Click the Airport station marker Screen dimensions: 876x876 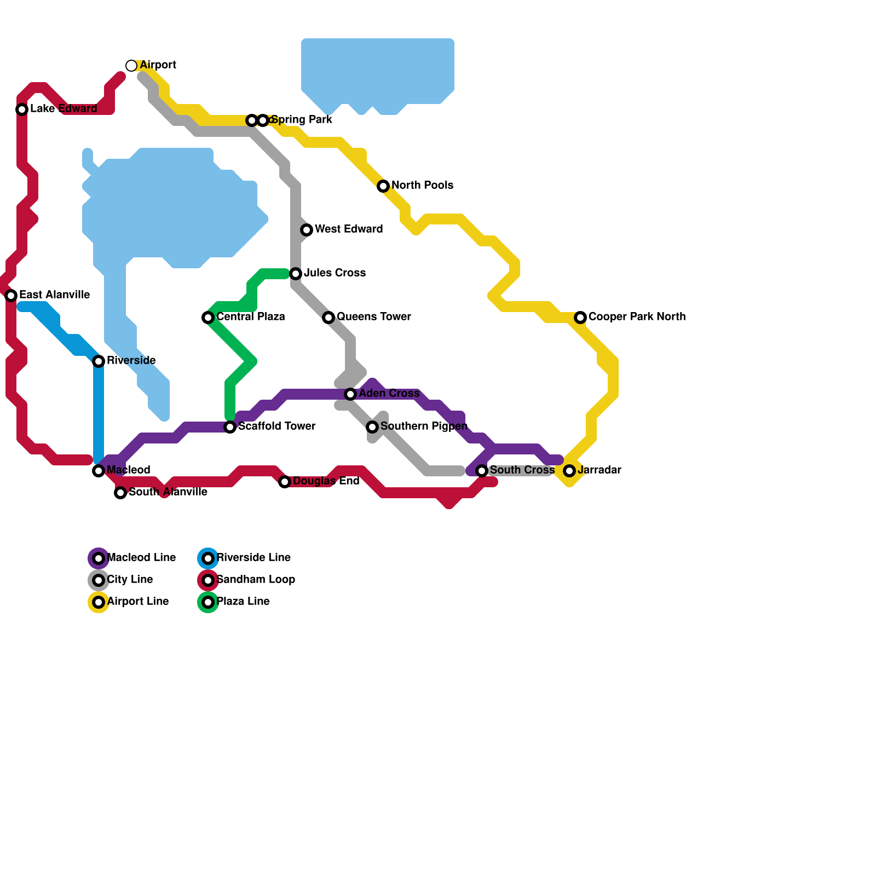[x=131, y=66]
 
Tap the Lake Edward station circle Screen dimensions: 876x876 [x=22, y=109]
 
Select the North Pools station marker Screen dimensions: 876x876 [x=383, y=186]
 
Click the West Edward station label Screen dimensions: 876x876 [x=348, y=229]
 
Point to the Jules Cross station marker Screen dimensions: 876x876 [x=296, y=273]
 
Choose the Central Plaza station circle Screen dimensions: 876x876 [x=208, y=318]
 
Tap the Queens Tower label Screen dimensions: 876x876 [x=373, y=316]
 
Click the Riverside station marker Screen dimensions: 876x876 [x=99, y=361]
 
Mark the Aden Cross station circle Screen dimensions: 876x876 [x=350, y=394]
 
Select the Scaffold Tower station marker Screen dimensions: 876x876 [x=230, y=427]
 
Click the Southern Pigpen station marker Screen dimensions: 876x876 [x=372, y=427]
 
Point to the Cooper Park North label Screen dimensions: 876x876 [x=636, y=316]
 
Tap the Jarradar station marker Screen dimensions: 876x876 [x=569, y=471]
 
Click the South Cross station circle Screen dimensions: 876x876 [x=482, y=471]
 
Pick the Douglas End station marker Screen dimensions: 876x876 [x=284, y=482]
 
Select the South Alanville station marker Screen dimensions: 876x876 [x=120, y=493]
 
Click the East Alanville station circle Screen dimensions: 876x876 [x=11, y=296]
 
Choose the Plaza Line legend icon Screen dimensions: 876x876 [x=208, y=602]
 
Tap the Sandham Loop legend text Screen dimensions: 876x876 [x=256, y=579]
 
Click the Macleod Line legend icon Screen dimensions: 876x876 [x=99, y=558]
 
